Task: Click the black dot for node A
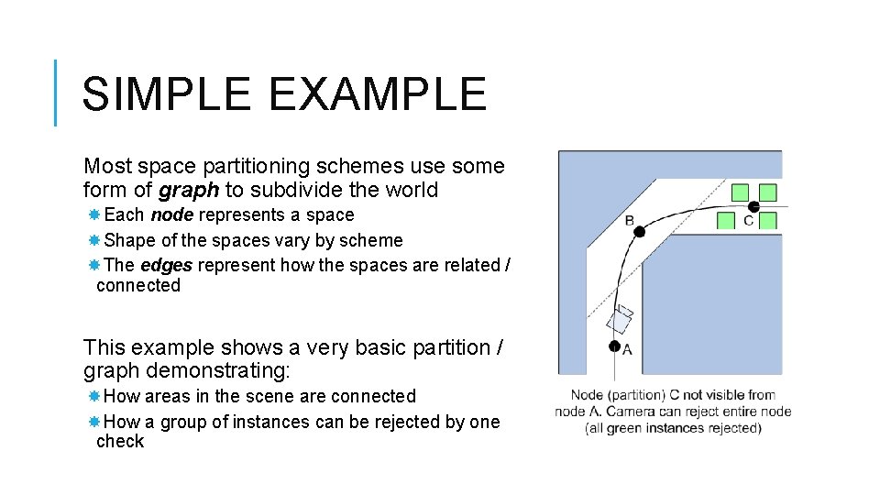click(x=614, y=346)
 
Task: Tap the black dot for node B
click(x=639, y=231)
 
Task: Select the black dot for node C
click(x=753, y=206)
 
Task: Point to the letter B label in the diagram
click(x=629, y=220)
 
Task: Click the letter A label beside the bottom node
click(x=627, y=349)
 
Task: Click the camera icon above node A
click(x=620, y=319)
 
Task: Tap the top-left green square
click(x=741, y=192)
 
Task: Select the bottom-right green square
click(x=768, y=220)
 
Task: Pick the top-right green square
click(x=768, y=192)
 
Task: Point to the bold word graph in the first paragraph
click(x=188, y=191)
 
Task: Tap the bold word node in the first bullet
click(x=171, y=215)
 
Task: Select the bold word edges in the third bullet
click(x=166, y=265)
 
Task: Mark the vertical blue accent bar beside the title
click(x=56, y=93)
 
